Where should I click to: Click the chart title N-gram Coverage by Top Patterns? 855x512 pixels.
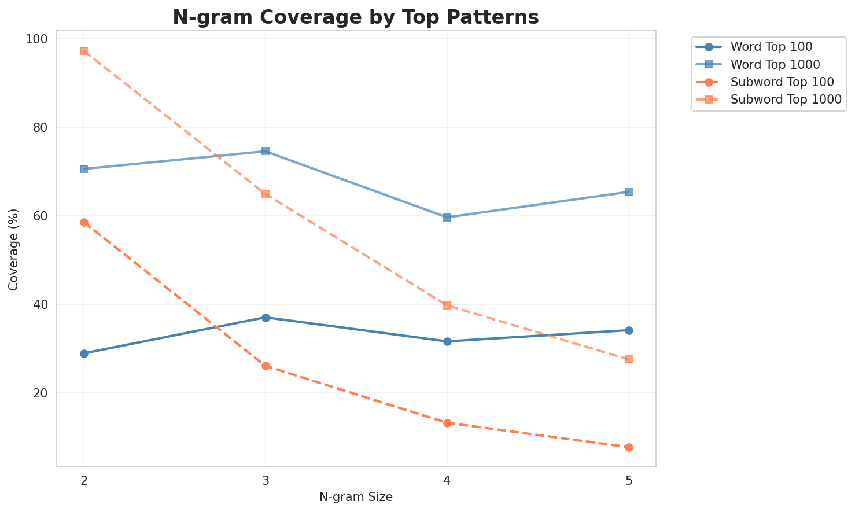pos(356,17)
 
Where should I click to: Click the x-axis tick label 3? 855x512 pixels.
pos(266,481)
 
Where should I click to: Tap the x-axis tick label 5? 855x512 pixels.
pos(629,481)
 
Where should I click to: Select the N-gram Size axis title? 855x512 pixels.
pos(356,498)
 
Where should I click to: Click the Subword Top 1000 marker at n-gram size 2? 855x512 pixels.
pos(84,51)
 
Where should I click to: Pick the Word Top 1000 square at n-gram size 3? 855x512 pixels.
pos(266,151)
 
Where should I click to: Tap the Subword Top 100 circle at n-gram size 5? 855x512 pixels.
pos(629,447)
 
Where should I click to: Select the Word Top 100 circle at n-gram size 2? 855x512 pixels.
pos(84,353)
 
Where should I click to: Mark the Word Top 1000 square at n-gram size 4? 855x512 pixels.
pos(447,218)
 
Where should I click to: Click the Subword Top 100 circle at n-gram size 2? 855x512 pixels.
pos(84,222)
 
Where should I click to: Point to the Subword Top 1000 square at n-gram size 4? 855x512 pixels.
pos(447,305)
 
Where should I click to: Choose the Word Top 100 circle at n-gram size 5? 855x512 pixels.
pos(629,330)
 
